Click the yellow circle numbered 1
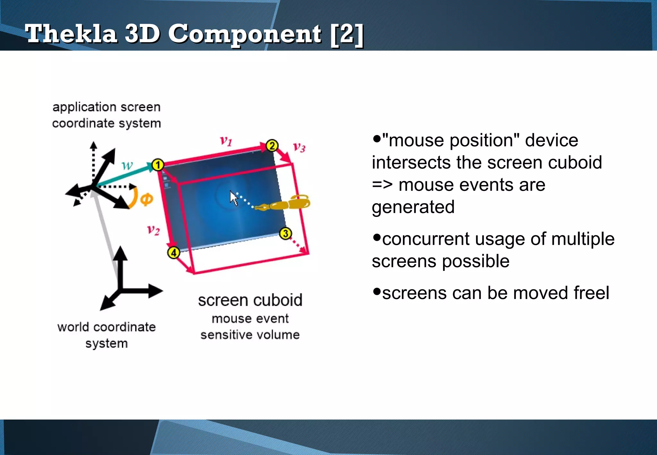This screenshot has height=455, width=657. tap(158, 165)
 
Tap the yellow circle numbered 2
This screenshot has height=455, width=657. tap(272, 146)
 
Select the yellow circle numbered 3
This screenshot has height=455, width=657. tap(286, 234)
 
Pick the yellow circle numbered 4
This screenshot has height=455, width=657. tap(174, 253)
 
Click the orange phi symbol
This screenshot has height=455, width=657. tap(147, 200)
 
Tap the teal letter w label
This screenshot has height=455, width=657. tap(127, 166)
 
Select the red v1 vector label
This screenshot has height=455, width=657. tap(226, 141)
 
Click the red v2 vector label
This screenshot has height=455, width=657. tap(153, 230)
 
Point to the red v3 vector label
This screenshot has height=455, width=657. tap(299, 147)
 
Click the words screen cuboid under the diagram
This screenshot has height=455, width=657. tap(250, 300)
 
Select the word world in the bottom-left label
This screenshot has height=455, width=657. tap(73, 327)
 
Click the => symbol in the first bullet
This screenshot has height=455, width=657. tap(382, 185)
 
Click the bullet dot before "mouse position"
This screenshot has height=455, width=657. tap(377, 139)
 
